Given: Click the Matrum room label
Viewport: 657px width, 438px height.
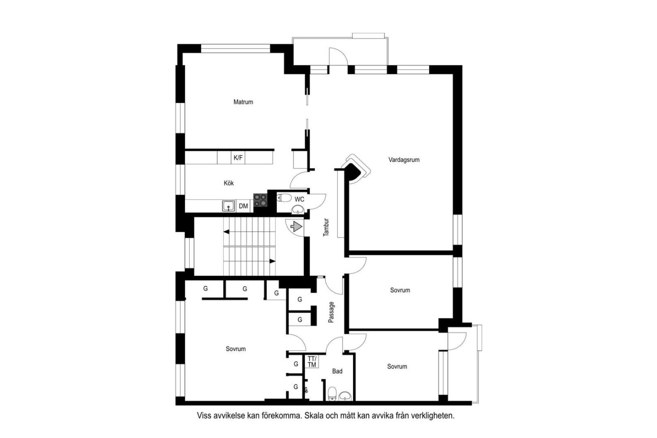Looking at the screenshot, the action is [243, 102].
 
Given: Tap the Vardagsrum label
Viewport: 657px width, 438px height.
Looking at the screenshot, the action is [404, 160].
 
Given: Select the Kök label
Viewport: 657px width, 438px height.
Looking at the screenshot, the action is [229, 183].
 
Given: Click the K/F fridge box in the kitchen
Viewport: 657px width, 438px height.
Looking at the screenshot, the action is [238, 158].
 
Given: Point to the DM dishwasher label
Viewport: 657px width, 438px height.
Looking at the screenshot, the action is [243, 206].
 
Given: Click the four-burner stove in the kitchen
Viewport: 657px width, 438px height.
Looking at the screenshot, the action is [261, 200].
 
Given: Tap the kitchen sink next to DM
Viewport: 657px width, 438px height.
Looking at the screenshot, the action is [229, 206].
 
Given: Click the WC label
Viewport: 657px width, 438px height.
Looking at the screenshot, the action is [299, 200].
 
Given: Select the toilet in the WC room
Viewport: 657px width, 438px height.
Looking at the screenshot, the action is [284, 198].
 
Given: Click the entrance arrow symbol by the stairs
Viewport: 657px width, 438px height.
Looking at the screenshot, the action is [296, 227].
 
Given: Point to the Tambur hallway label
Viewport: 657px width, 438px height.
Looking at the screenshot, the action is [326, 227].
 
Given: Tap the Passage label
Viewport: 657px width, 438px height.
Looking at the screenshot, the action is [331, 312].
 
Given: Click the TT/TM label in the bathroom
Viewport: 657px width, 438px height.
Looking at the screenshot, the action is [312, 362].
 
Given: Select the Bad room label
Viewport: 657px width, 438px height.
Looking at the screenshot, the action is [337, 371].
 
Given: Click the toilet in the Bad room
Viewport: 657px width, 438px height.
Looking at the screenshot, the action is [332, 393].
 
